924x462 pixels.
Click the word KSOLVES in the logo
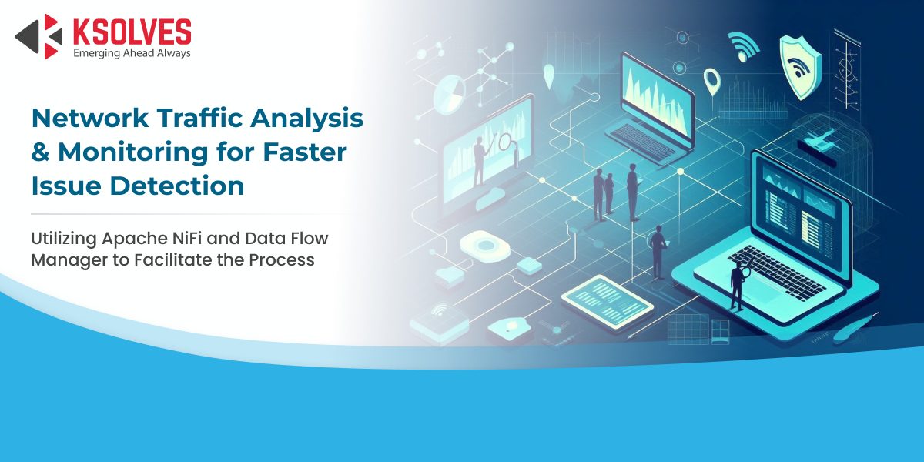click(132, 32)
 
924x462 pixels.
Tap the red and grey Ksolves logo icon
click(38, 36)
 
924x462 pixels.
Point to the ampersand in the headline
click(40, 152)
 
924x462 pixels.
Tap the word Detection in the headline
click(177, 186)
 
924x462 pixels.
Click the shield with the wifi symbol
click(799, 67)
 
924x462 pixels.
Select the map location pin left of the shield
click(711, 82)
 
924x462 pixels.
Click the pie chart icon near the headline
click(449, 95)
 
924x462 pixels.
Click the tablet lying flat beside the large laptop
click(608, 303)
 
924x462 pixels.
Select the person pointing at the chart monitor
click(479, 161)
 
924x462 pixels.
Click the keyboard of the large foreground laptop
click(772, 273)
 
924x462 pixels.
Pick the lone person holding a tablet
click(658, 252)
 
